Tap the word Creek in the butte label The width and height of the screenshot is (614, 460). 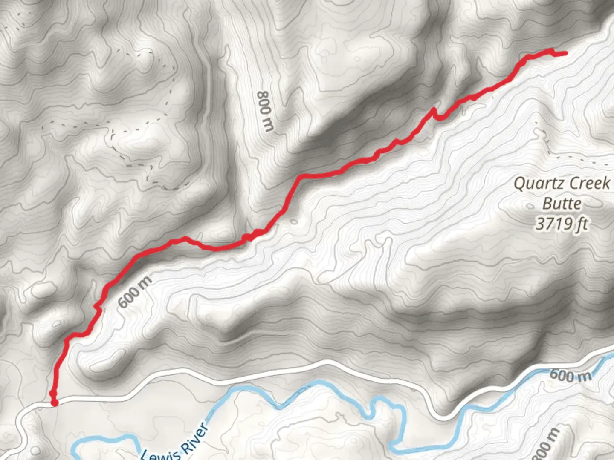[x=589, y=184]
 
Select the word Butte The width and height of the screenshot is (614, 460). [x=562, y=204]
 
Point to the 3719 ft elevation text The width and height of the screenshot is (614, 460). [x=562, y=223]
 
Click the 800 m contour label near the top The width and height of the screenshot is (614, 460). [x=266, y=111]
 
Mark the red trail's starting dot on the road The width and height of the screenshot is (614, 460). [x=54, y=402]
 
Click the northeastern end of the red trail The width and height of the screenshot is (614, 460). [x=565, y=53]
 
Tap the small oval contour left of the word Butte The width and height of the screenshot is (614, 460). [x=530, y=206]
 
